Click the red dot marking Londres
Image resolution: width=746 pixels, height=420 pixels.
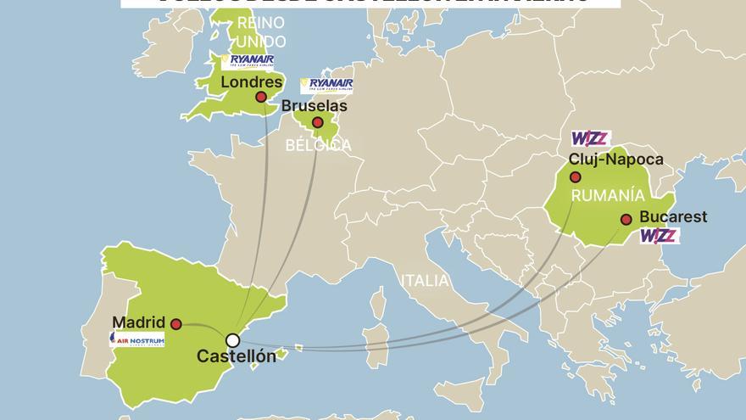click(x=261, y=97)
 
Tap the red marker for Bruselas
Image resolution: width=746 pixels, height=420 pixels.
click(x=317, y=123)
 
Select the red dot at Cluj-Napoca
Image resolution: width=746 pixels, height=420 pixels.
click(x=576, y=177)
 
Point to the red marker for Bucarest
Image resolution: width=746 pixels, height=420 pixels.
click(x=626, y=220)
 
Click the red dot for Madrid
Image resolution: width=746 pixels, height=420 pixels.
click(x=175, y=324)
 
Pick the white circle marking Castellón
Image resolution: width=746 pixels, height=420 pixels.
click(x=232, y=340)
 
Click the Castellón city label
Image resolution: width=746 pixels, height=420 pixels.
click(x=237, y=357)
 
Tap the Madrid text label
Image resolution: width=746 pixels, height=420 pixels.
click(x=138, y=322)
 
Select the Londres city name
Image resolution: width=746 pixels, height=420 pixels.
click(x=251, y=81)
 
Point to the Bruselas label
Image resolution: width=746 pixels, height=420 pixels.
click(x=314, y=107)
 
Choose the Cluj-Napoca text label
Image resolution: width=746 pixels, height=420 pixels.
click(x=616, y=160)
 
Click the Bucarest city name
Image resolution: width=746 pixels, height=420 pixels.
click(x=674, y=217)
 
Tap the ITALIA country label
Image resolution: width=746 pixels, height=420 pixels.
click(x=425, y=281)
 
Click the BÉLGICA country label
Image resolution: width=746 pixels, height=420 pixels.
click(x=318, y=145)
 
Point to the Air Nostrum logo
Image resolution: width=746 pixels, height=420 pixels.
click(x=137, y=339)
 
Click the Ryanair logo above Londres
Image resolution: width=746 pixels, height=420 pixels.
click(x=248, y=61)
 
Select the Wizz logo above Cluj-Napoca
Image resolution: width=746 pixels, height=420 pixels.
click(x=590, y=138)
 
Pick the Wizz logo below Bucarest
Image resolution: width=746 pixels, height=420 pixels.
click(x=659, y=236)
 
